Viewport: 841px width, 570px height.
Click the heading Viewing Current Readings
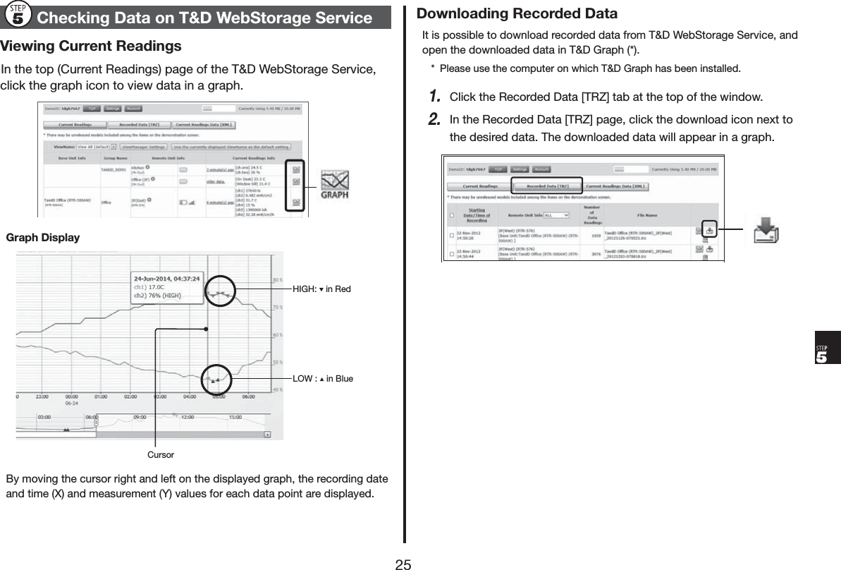(91, 47)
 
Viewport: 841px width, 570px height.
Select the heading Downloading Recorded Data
(517, 13)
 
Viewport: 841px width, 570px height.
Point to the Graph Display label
(42, 238)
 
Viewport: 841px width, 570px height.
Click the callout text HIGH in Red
(321, 289)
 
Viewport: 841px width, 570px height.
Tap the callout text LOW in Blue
(323, 379)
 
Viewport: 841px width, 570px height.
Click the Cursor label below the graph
(160, 455)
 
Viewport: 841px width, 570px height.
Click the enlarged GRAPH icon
(335, 186)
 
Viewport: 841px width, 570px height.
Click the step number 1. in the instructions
(435, 95)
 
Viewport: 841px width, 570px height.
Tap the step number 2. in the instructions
(435, 119)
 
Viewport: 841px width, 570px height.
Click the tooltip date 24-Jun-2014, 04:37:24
(167, 279)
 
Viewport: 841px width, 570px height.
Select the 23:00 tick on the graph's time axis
(41, 397)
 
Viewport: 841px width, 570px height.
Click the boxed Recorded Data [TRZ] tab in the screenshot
(546, 186)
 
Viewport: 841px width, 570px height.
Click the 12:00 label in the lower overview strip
(187, 417)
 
